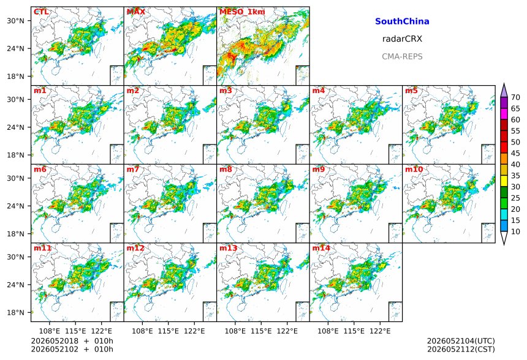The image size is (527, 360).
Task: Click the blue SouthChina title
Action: click(x=402, y=21)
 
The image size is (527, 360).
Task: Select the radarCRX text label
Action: click(x=402, y=39)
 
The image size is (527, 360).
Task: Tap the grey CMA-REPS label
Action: click(x=402, y=56)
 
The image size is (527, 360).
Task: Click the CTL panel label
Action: click(x=41, y=12)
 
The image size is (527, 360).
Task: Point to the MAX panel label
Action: click(x=136, y=12)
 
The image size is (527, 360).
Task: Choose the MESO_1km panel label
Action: click(x=242, y=12)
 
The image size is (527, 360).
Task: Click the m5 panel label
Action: click(x=411, y=91)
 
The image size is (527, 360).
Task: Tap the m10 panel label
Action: click(x=414, y=169)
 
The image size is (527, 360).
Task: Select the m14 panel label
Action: click(x=321, y=248)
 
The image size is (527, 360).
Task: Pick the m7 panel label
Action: click(x=133, y=169)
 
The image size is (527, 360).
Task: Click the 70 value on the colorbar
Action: click(x=515, y=97)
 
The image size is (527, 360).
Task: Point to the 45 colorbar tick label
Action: click(x=515, y=153)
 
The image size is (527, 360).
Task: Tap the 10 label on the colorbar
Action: click(x=515, y=231)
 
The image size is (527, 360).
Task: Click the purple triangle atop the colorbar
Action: click(x=504, y=91)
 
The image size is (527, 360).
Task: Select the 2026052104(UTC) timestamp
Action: click(x=461, y=341)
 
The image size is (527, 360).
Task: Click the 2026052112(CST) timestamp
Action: click(x=461, y=349)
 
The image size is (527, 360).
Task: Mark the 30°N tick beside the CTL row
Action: click(x=15, y=21)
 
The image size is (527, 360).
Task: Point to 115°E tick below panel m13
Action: click(x=261, y=331)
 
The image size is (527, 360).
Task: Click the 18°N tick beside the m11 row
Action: click(x=15, y=313)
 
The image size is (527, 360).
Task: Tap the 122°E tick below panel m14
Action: click(x=380, y=331)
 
